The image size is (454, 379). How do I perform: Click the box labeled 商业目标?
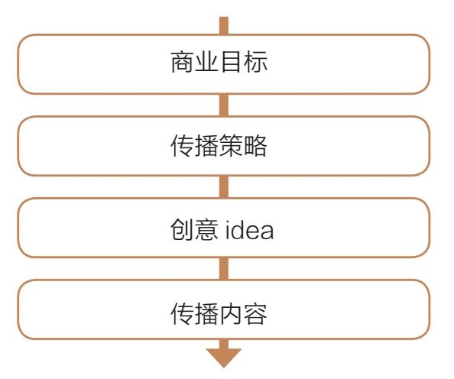pos(223,64)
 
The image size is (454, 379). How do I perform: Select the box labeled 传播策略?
pos(223,146)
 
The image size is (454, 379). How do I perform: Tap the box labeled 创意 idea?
pos(223,228)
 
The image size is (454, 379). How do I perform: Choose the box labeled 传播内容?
pos(223,309)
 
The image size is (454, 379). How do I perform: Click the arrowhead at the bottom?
pos(223,358)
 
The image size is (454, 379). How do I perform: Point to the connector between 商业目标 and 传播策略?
pos(223,105)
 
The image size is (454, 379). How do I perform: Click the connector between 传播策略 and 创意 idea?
pos(223,186)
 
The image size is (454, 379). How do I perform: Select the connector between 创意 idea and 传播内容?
pos(223,269)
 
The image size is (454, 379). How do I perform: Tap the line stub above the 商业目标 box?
pos(223,25)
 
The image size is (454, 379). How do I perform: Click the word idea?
pos(249,230)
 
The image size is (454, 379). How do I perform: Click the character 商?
pos(183,62)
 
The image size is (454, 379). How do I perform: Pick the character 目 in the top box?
pos(232,62)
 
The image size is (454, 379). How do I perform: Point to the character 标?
pos(255,62)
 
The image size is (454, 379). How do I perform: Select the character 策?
pos(232,146)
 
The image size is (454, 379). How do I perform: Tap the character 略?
pos(255,146)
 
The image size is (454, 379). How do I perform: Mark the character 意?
pos(206,229)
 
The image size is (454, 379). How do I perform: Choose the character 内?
pos(232,314)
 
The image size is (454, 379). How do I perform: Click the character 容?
pos(255,314)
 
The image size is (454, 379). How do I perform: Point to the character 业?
pos(206,62)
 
